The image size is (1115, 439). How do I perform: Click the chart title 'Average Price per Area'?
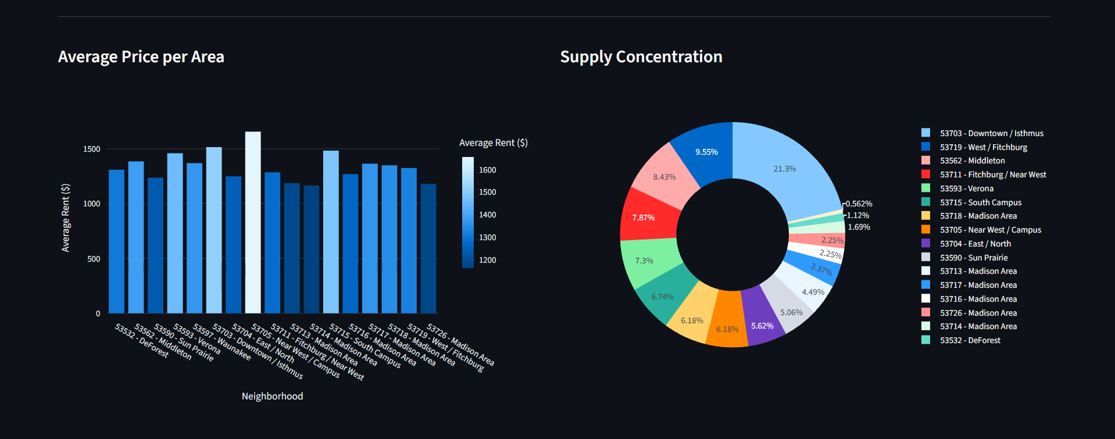[x=141, y=57]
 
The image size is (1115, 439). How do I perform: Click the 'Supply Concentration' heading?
[x=641, y=57]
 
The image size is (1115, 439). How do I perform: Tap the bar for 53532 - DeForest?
[x=116, y=241]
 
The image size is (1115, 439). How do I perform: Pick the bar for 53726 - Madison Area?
[x=428, y=248]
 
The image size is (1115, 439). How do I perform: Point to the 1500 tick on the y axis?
[x=92, y=149]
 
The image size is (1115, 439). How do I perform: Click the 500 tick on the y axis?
[x=94, y=259]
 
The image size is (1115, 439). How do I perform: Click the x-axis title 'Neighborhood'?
[x=272, y=396]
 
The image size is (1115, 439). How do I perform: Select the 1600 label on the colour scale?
[x=487, y=170]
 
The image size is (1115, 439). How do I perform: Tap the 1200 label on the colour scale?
[x=487, y=260]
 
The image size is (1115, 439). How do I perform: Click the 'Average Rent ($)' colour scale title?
[x=493, y=143]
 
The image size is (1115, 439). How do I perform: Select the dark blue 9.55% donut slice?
[x=706, y=151]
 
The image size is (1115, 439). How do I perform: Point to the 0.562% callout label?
[x=859, y=204]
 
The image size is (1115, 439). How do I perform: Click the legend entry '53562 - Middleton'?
[x=972, y=161]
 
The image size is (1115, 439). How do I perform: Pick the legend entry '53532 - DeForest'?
[x=970, y=341]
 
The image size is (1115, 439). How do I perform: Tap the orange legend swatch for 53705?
[x=926, y=230]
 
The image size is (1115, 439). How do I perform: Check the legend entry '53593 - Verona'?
[x=966, y=189]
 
